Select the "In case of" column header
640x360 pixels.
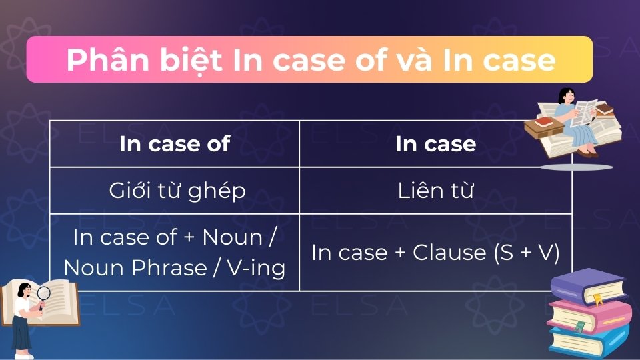coord(175,144)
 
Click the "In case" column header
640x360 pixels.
coord(435,144)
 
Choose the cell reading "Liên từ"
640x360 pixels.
coord(435,191)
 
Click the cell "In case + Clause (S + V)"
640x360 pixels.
coord(435,253)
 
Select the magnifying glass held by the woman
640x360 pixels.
coord(44,293)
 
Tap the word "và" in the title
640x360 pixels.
coord(414,61)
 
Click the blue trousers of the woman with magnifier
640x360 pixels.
coord(21,333)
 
